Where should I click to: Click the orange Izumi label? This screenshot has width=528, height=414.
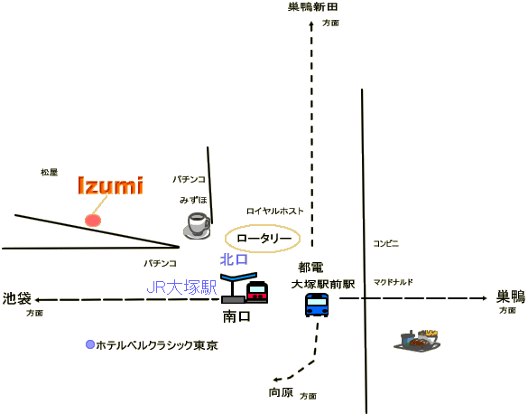tap(110, 185)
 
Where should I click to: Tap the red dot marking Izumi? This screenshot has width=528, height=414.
tap(93, 221)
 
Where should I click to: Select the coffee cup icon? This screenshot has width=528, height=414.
tap(198, 226)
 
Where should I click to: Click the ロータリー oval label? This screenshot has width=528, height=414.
tap(263, 239)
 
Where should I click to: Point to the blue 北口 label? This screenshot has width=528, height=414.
tap(234, 259)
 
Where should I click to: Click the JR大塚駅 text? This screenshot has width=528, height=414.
tap(181, 287)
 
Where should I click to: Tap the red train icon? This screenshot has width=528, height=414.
tap(257, 291)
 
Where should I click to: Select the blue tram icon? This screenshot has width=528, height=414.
tap(317, 305)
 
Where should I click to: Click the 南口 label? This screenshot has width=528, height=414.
tap(236, 316)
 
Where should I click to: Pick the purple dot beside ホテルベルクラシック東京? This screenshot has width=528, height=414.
tap(90, 344)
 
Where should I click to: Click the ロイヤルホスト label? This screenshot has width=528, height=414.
tap(275, 211)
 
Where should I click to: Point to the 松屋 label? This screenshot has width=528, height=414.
tap(49, 173)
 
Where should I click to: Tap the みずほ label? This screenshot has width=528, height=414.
tap(193, 200)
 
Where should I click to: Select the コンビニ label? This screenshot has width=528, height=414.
tap(386, 243)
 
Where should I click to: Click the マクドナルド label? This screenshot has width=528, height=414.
tap(393, 282)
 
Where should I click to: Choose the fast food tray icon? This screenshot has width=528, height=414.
tap(417, 341)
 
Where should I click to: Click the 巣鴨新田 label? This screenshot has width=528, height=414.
tap(313, 6)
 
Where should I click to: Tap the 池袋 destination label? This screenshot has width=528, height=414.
tap(17, 298)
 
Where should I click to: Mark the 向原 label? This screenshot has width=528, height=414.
tap(281, 392)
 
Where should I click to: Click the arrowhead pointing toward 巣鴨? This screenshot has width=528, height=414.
tap(484, 298)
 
